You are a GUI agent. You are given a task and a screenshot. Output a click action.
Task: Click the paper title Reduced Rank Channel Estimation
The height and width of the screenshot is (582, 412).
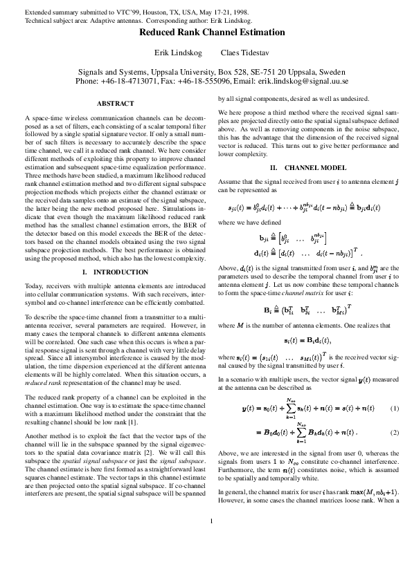point(212,32)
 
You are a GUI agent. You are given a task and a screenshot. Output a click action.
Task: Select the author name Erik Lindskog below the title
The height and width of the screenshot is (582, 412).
point(177,53)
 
